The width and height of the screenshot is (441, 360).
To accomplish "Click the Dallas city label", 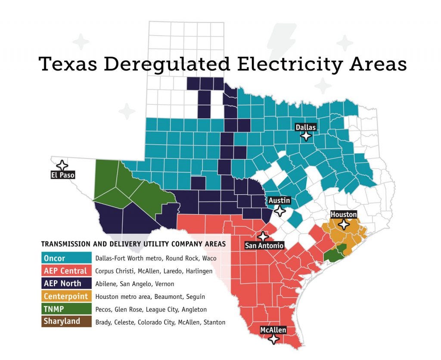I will pos(306,127).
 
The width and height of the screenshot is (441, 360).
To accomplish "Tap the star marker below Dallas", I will pos(306,137).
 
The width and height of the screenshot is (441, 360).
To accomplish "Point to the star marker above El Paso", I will pos(62,165).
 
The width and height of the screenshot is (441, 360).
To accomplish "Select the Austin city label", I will pos(280,201).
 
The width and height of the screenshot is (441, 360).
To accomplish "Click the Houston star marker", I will pos(344,224).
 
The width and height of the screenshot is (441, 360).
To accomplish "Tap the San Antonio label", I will pos(264,246).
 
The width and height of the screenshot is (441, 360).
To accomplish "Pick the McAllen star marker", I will pos(273,339).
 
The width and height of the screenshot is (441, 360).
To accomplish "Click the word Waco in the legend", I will pos(208,258).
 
